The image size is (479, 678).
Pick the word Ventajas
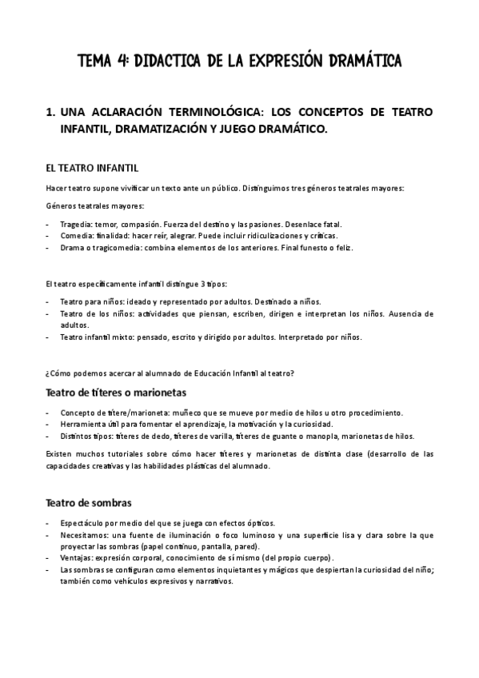click(x=76, y=556)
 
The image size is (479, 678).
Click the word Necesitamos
click(x=82, y=533)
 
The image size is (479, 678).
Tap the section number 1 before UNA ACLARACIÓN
click(x=50, y=113)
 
